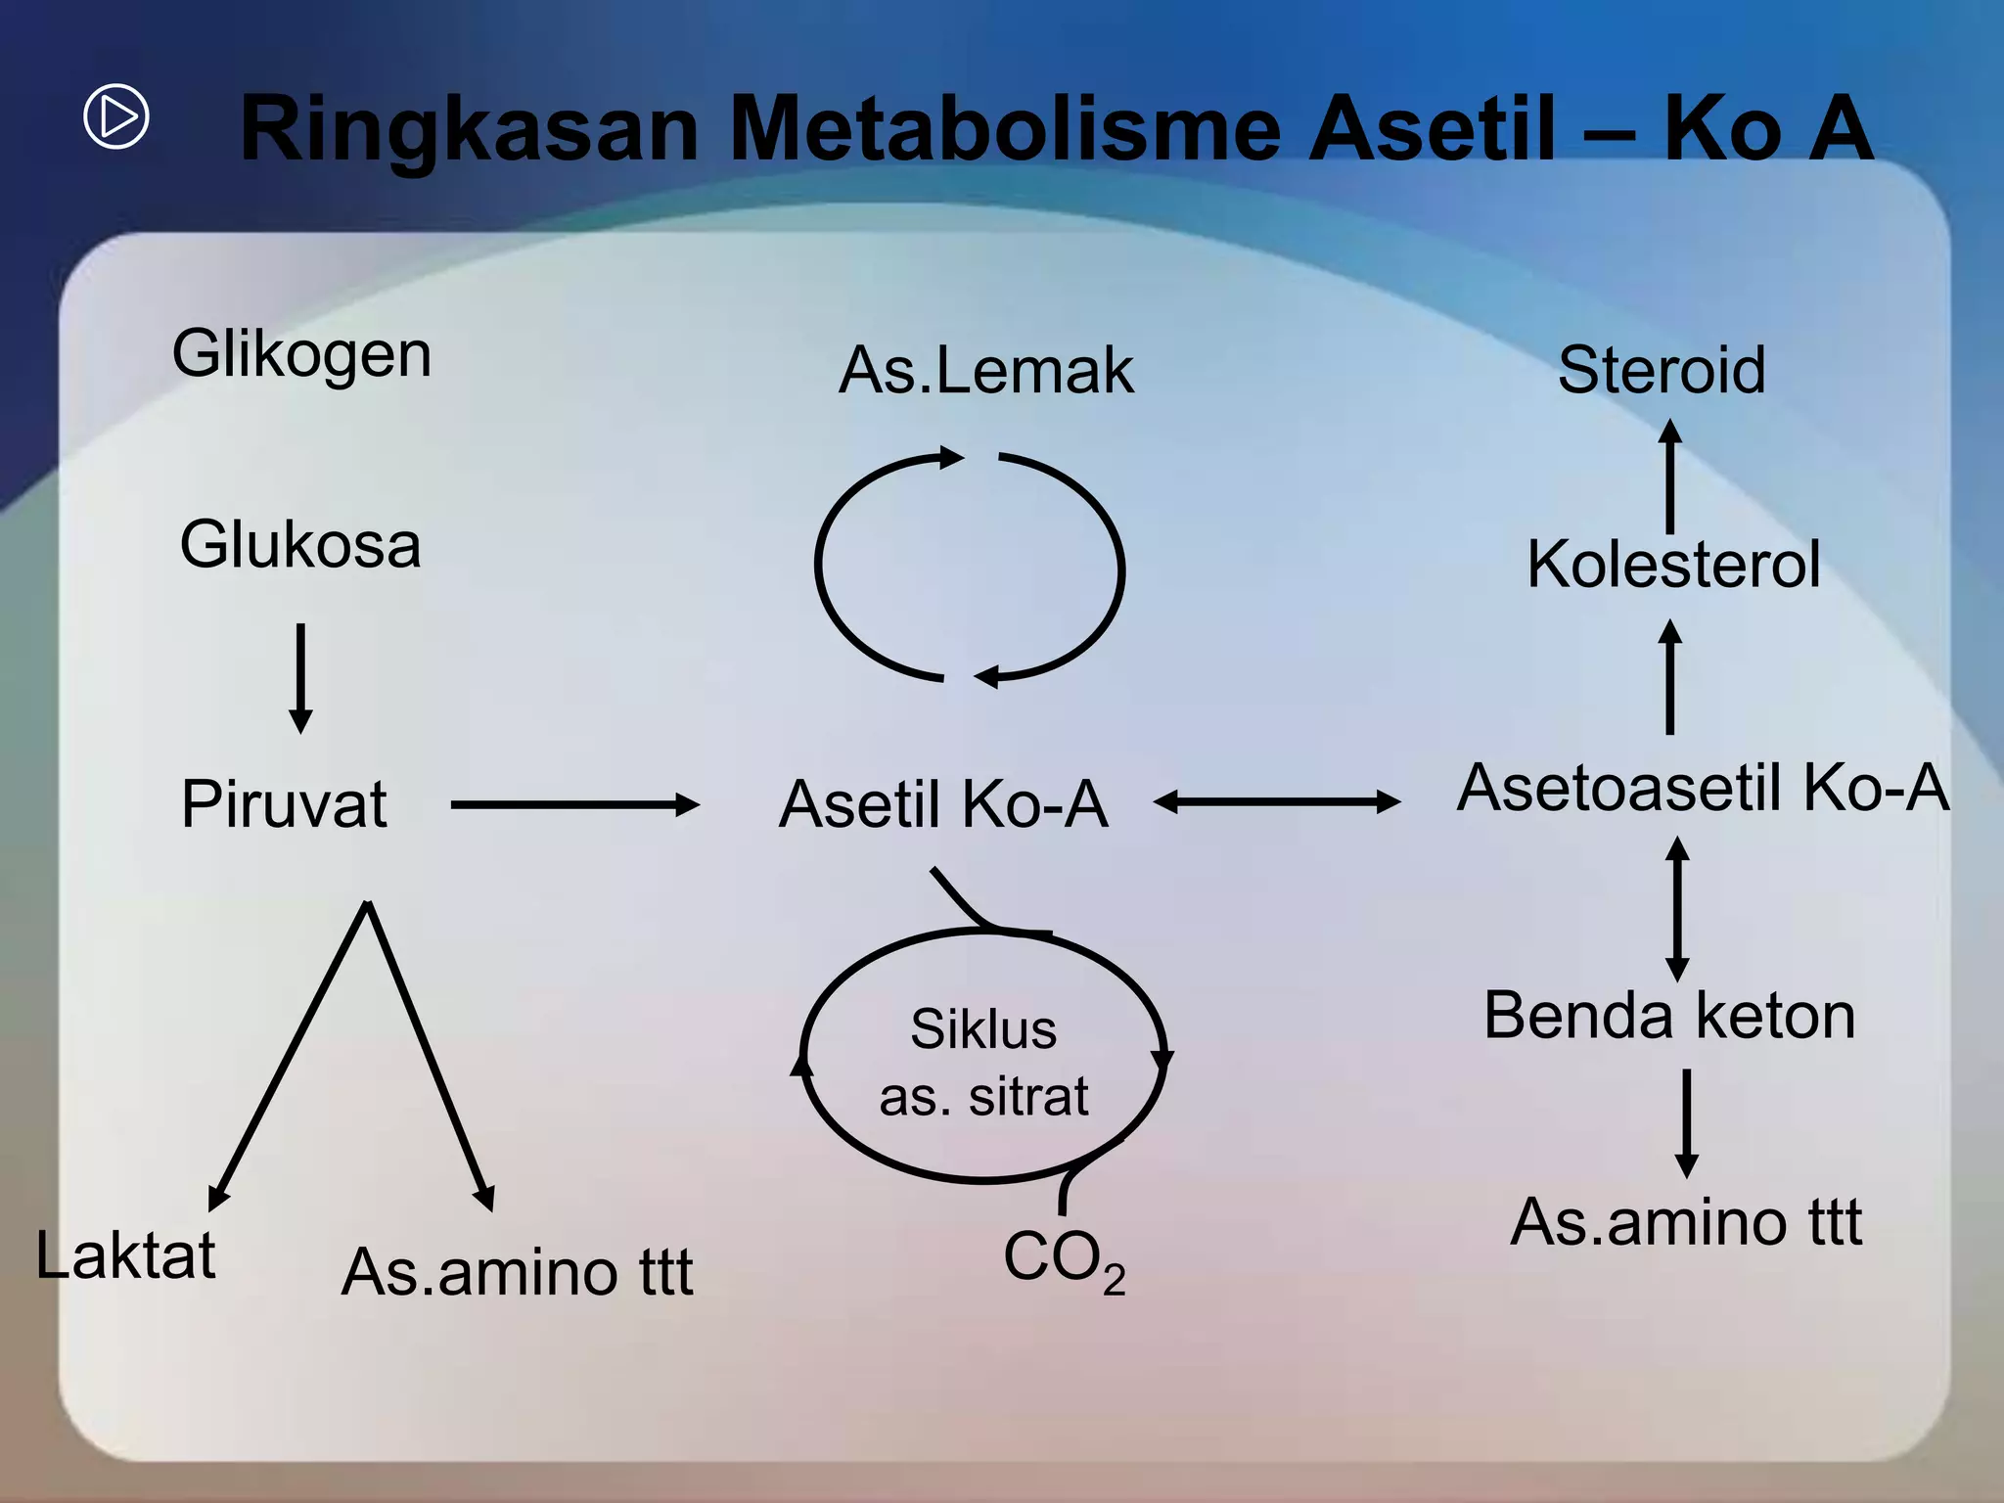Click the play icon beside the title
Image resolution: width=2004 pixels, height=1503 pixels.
click(x=116, y=116)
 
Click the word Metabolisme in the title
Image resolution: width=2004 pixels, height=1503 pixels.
click(x=1004, y=128)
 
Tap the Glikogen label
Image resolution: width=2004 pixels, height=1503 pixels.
click(x=301, y=353)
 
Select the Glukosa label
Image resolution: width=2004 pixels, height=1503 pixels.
click(x=300, y=544)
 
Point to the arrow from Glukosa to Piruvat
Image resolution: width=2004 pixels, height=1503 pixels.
click(x=301, y=678)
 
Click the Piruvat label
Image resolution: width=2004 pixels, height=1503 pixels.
click(x=284, y=804)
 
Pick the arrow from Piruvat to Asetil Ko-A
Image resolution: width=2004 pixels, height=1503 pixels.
click(x=575, y=805)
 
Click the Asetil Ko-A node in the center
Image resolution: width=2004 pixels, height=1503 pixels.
click(x=942, y=804)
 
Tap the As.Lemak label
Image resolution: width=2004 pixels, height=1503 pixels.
click(x=986, y=370)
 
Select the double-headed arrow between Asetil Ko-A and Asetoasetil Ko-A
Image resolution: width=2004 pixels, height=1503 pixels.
click(x=1277, y=802)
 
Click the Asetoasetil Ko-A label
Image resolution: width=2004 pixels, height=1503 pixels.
click(x=1703, y=788)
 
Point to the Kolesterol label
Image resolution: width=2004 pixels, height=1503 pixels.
click(x=1673, y=565)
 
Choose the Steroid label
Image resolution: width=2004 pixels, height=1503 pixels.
click(x=1662, y=370)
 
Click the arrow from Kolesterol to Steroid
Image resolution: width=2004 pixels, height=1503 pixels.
click(x=1670, y=477)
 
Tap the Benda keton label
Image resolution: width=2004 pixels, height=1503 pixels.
click(x=1669, y=1015)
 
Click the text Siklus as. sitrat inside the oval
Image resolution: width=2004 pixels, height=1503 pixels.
click(x=983, y=1062)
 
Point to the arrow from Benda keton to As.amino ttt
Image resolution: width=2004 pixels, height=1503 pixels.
click(x=1686, y=1122)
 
